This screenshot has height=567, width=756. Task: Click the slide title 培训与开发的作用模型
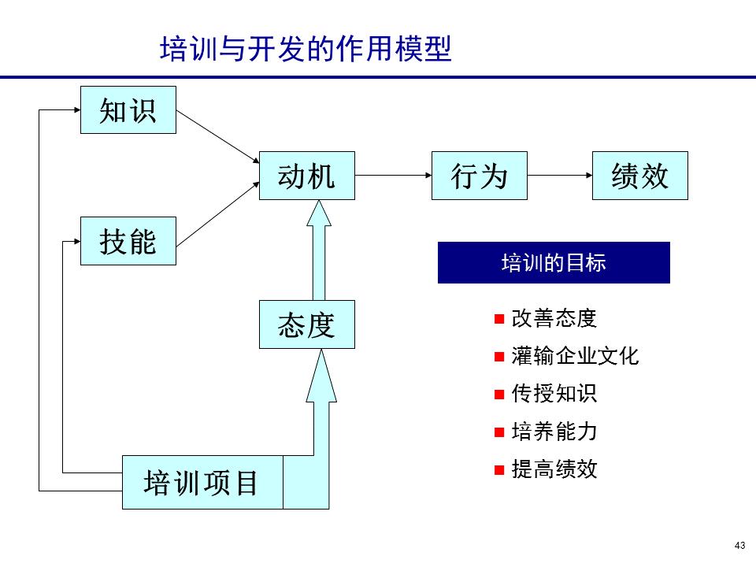click(x=306, y=49)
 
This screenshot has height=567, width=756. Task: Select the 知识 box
click(x=128, y=110)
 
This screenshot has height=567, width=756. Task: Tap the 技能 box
click(x=128, y=241)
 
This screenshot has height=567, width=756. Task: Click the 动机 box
click(x=306, y=176)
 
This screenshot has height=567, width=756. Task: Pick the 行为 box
click(x=479, y=176)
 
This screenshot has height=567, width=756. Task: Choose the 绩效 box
click(x=639, y=176)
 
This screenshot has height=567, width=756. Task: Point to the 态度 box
click(x=306, y=324)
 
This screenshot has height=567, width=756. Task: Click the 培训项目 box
click(x=202, y=482)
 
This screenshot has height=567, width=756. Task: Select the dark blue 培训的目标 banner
click(x=554, y=263)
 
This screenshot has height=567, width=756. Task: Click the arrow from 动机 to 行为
click(x=393, y=176)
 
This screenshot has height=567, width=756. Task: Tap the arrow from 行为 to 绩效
click(x=559, y=176)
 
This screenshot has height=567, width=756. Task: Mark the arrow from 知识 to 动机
click(x=217, y=136)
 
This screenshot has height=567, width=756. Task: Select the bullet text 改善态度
click(x=554, y=319)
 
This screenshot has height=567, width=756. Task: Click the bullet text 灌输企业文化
click(x=575, y=357)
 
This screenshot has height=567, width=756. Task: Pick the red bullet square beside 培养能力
click(x=498, y=432)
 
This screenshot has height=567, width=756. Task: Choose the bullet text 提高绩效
click(x=554, y=470)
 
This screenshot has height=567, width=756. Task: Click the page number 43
click(x=739, y=547)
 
